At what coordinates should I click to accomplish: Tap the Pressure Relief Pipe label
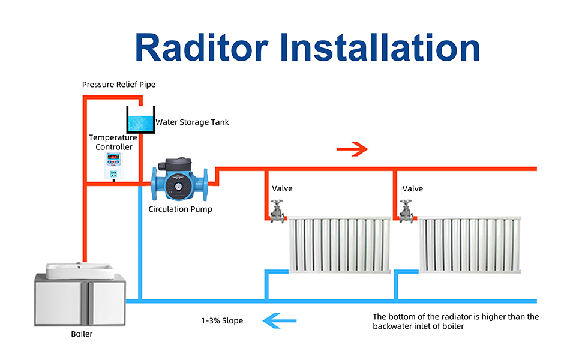click(x=119, y=85)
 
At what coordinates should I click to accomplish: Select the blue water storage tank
click(x=140, y=120)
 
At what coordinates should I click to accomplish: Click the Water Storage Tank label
click(x=192, y=122)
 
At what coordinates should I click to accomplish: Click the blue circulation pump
click(x=180, y=182)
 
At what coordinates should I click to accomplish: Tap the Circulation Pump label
click(x=180, y=209)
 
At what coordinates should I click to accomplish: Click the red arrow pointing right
click(x=352, y=149)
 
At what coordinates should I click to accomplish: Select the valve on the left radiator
click(x=277, y=211)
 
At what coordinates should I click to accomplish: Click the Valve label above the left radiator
click(x=282, y=188)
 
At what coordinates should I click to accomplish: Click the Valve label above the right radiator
click(x=413, y=188)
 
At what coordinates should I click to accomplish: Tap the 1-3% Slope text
click(x=222, y=321)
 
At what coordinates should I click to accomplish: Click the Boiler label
click(x=82, y=334)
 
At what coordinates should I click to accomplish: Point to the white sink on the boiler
click(x=80, y=271)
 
